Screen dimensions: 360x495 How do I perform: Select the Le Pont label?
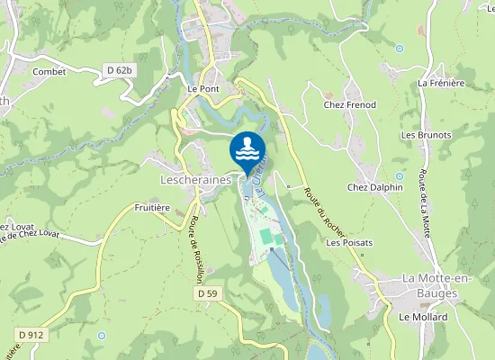point(203,90)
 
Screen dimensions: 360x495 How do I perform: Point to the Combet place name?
point(49,71)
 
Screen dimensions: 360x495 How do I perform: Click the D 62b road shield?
point(118,69)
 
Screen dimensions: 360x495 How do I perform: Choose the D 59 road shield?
point(207,293)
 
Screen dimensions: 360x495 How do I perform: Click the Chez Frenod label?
point(350,105)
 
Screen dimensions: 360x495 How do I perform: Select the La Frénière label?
point(441,83)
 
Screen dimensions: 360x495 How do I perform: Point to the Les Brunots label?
point(424,135)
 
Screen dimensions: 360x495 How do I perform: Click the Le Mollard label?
point(418,318)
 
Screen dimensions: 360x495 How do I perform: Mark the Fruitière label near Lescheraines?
point(152,207)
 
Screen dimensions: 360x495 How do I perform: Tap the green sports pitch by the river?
point(265,236)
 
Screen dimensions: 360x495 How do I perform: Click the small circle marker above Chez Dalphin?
point(399,175)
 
